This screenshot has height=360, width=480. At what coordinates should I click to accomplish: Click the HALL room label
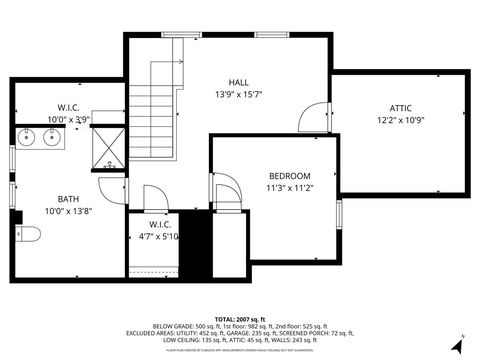pyautogui.click(x=238, y=82)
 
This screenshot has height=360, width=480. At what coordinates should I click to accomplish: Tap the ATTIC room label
pyautogui.click(x=400, y=108)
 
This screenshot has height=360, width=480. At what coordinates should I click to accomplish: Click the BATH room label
pyautogui.click(x=59, y=198)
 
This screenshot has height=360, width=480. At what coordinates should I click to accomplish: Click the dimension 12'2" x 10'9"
pyautogui.click(x=400, y=120)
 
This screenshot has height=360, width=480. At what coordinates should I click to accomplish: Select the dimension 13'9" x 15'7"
pyautogui.click(x=238, y=94)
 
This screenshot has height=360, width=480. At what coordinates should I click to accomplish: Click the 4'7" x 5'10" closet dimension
pyautogui.click(x=158, y=236)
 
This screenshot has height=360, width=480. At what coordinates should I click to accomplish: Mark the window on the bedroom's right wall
pyautogui.click(x=339, y=213)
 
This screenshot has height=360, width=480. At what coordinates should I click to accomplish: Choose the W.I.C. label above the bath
pyautogui.click(x=68, y=107)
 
